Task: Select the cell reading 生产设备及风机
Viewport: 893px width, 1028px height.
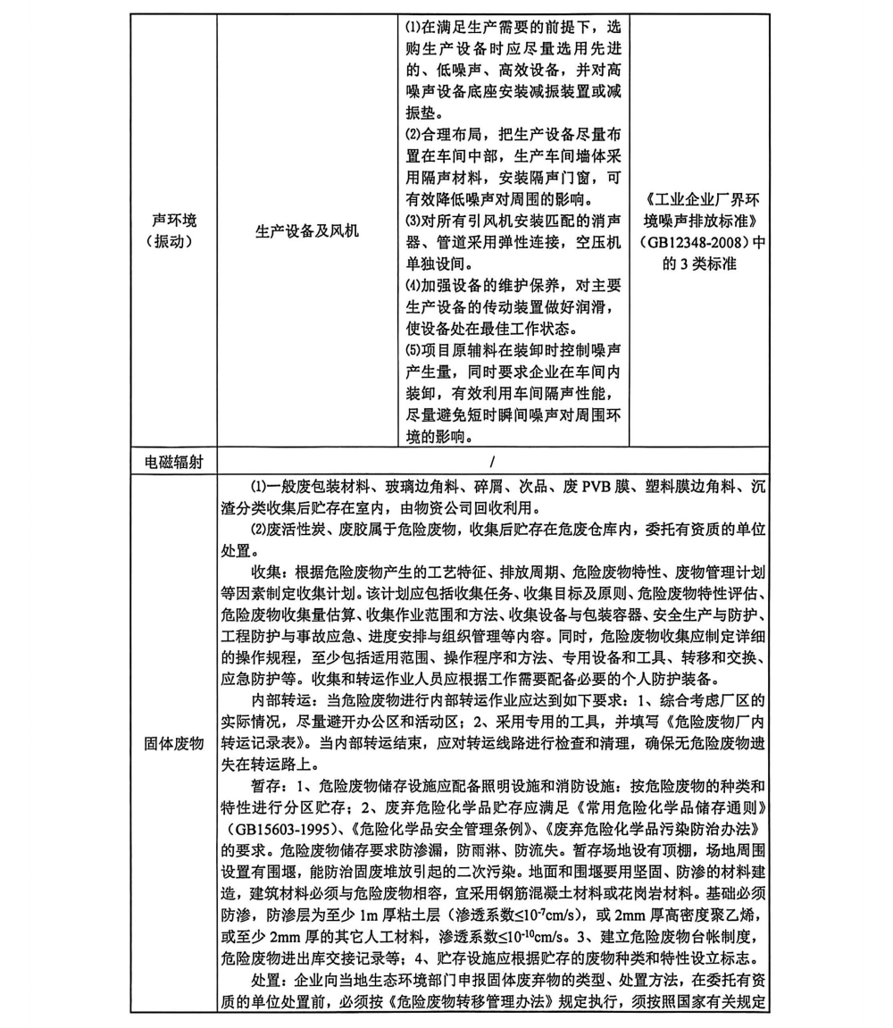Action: tap(307, 231)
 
